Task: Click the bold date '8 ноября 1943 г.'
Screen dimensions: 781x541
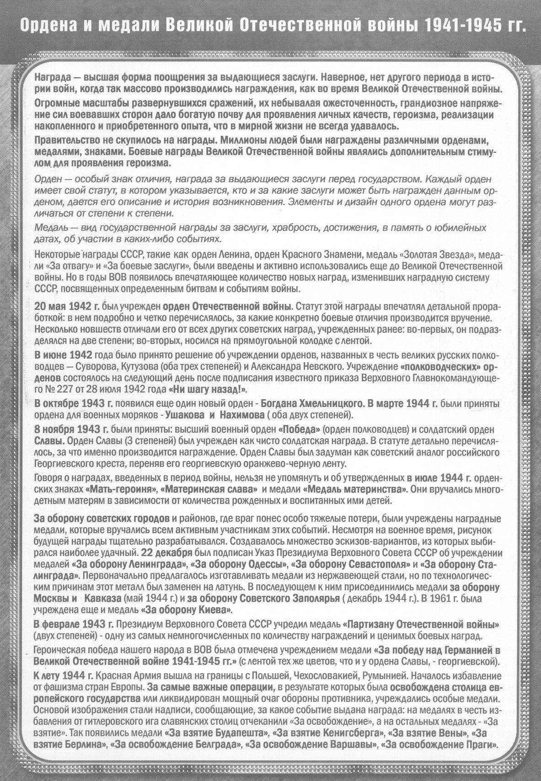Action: [71, 430]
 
